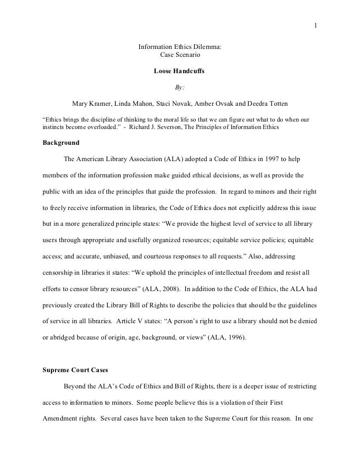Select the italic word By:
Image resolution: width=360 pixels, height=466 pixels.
click(x=179, y=88)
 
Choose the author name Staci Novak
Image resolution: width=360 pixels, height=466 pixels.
click(x=175, y=104)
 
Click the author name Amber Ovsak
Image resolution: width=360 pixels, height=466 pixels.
click(x=217, y=104)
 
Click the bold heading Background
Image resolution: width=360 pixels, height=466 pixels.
click(x=61, y=143)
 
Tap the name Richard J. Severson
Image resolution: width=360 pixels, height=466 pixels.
click(x=161, y=127)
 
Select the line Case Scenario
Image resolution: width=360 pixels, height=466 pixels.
click(x=179, y=54)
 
